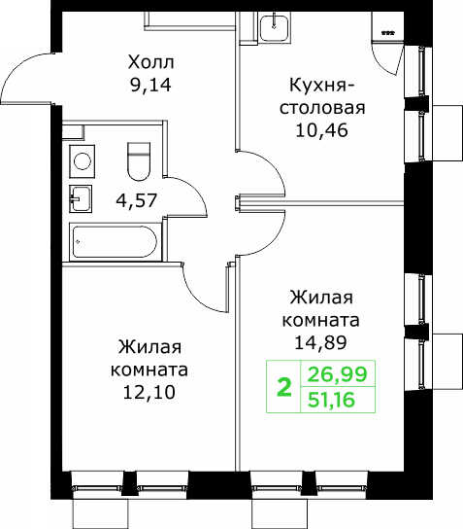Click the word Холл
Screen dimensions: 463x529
coord(150,63)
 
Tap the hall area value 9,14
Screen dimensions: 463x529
coord(150,85)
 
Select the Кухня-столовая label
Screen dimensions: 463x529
coord(322,96)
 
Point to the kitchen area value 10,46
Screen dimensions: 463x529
coord(321,130)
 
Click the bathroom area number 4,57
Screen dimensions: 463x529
coord(136,200)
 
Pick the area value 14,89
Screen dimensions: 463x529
coord(320,342)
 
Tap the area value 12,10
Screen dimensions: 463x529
coord(149,392)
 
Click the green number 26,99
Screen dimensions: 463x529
coord(337,374)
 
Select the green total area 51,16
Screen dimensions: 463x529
coord(331,400)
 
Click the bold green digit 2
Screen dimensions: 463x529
coord(283,388)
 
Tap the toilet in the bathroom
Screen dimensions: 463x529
coord(139,161)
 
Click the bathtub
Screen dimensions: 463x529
coord(116,242)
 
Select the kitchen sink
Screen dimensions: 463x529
coord(275,25)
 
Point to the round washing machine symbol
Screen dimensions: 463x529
coord(83,161)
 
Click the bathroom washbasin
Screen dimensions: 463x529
coord(81,198)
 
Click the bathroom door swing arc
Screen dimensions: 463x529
coord(199,193)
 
